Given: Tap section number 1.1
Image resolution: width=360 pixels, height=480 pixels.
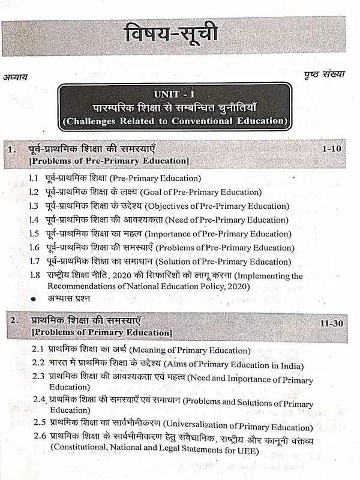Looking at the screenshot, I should tap(35, 179).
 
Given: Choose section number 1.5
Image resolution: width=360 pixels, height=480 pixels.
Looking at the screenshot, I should tap(35, 233).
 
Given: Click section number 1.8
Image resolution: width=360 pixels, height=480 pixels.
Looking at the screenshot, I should tap(35, 275).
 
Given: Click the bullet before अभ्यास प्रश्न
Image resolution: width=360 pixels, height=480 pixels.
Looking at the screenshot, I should tap(34, 298).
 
